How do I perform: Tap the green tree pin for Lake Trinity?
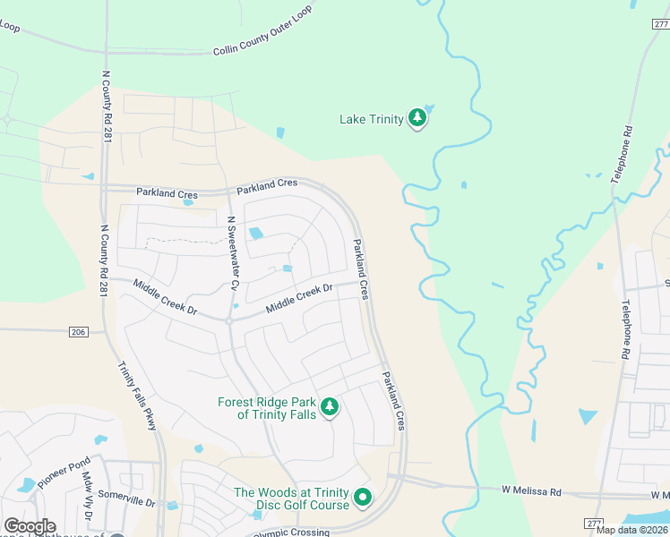(417, 117)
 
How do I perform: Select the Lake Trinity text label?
(371, 118)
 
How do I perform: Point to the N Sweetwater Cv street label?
(232, 252)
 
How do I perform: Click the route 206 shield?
(79, 332)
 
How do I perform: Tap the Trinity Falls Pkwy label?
(138, 395)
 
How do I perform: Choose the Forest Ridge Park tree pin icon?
(330, 407)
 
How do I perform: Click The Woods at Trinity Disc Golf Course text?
(292, 499)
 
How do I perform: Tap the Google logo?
(30, 526)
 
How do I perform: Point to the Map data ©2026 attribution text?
(631, 530)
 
